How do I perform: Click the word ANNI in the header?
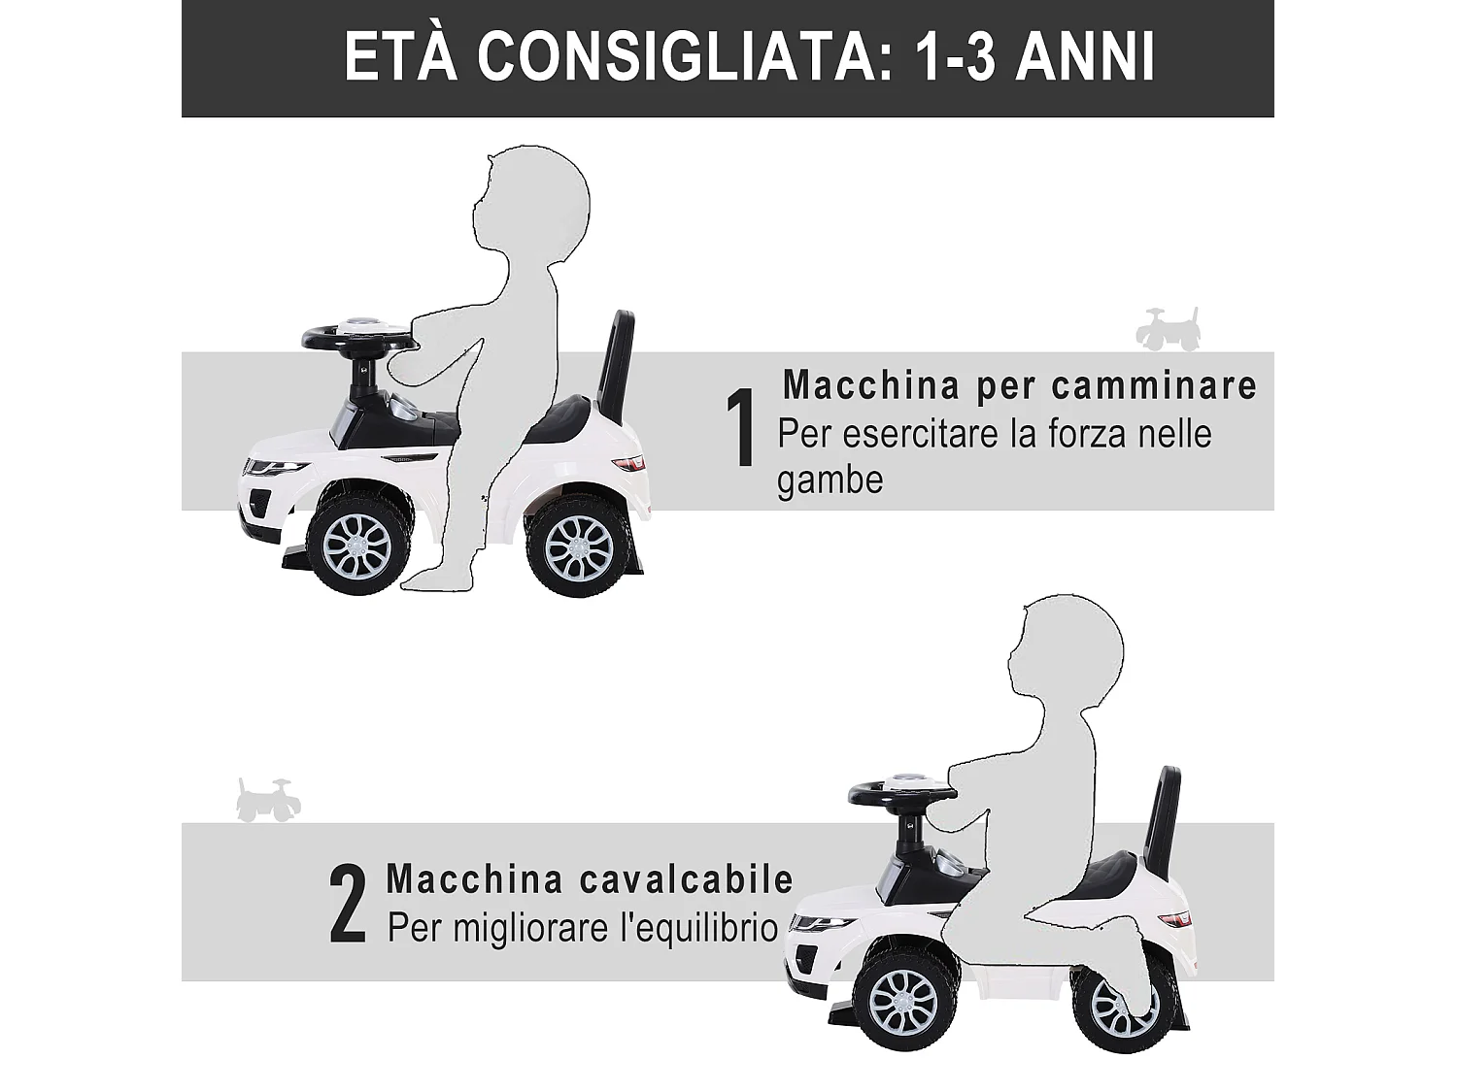[x=1085, y=57]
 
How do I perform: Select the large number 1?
[x=743, y=429]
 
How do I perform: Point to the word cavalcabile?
[x=687, y=879]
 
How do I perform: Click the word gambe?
[x=830, y=480]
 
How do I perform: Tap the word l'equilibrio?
[x=684, y=928]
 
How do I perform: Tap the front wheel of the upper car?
[x=356, y=549]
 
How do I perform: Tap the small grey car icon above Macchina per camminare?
[x=1168, y=330]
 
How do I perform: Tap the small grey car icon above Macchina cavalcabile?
[x=268, y=800]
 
